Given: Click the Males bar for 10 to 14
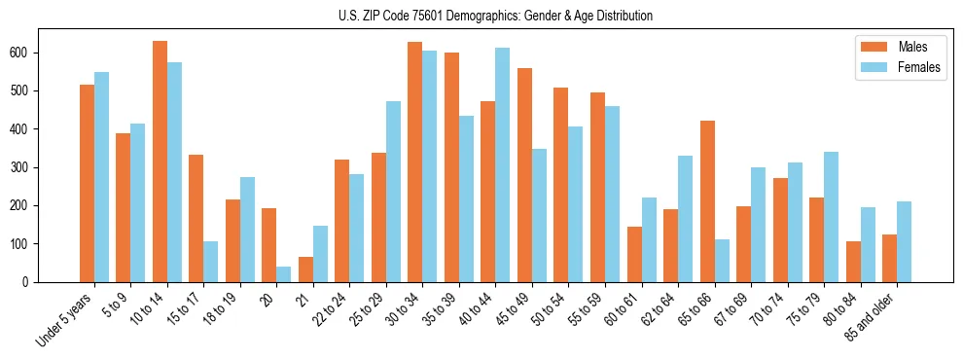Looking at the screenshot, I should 160,162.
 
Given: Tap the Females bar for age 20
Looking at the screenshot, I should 284,274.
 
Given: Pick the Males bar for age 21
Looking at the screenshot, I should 305,270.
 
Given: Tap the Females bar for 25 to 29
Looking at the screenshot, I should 393,192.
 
